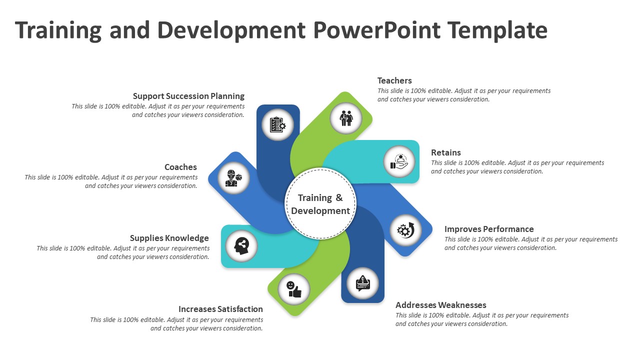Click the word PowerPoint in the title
(x=376, y=30)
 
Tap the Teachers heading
(x=394, y=80)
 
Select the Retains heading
(x=445, y=152)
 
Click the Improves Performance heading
(x=489, y=229)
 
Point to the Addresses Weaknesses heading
(x=440, y=305)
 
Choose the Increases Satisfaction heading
(x=220, y=309)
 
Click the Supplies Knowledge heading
(x=169, y=238)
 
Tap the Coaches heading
(x=180, y=167)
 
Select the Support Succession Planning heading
(x=188, y=96)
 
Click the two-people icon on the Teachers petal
(x=346, y=118)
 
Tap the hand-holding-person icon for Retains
(x=399, y=161)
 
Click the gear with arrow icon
(x=405, y=230)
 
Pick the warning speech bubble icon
(x=362, y=283)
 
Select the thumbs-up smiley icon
(x=294, y=289)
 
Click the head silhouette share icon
(x=241, y=245)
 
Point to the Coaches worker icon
(x=233, y=178)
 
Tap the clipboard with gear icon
(x=277, y=124)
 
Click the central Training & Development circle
(x=320, y=204)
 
